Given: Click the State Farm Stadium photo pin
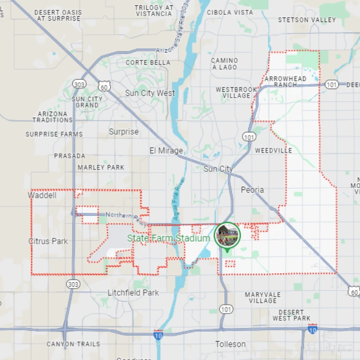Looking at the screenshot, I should [227, 234].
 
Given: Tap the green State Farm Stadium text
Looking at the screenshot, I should [168, 238].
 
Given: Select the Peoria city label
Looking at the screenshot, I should [252, 190].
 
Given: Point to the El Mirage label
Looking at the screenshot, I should [166, 151].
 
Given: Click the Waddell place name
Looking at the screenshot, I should [43, 195].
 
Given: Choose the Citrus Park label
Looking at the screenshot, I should [48, 241].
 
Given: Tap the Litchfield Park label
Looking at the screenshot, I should [133, 292].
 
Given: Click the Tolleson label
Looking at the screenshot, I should [230, 344].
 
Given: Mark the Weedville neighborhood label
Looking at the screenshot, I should [273, 150].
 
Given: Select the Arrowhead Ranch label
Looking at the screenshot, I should [285, 81].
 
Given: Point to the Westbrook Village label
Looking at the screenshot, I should [236, 93].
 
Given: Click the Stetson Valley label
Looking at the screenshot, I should [307, 20].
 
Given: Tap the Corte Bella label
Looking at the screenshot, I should [148, 63].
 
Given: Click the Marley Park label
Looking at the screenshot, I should [101, 167].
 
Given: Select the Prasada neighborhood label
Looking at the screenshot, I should [69, 156].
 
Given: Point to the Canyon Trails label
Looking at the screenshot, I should [73, 344].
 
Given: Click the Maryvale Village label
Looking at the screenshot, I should [263, 297].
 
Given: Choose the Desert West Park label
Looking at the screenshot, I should [291, 315].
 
